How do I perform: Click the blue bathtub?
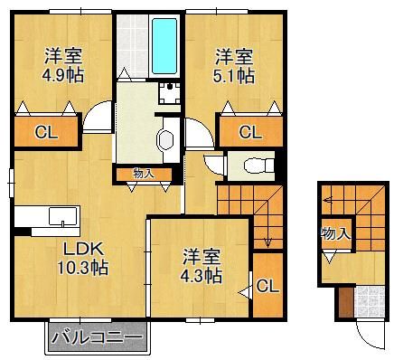point(164,46)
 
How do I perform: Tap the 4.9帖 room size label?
point(63,76)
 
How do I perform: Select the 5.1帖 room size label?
point(234,76)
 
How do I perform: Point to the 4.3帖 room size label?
point(202,275)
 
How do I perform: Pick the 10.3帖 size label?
point(83,268)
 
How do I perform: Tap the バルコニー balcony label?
point(97,337)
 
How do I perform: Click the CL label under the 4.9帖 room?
point(46,132)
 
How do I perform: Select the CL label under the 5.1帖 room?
point(250,132)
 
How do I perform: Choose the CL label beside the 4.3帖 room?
point(267,286)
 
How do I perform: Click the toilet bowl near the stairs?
point(257,166)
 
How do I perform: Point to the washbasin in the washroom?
point(165,139)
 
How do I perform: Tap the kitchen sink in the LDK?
point(62,216)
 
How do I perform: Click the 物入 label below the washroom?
point(145,174)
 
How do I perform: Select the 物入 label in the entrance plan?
point(336,233)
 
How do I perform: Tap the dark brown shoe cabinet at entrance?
point(346,302)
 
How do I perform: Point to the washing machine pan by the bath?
point(170,93)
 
